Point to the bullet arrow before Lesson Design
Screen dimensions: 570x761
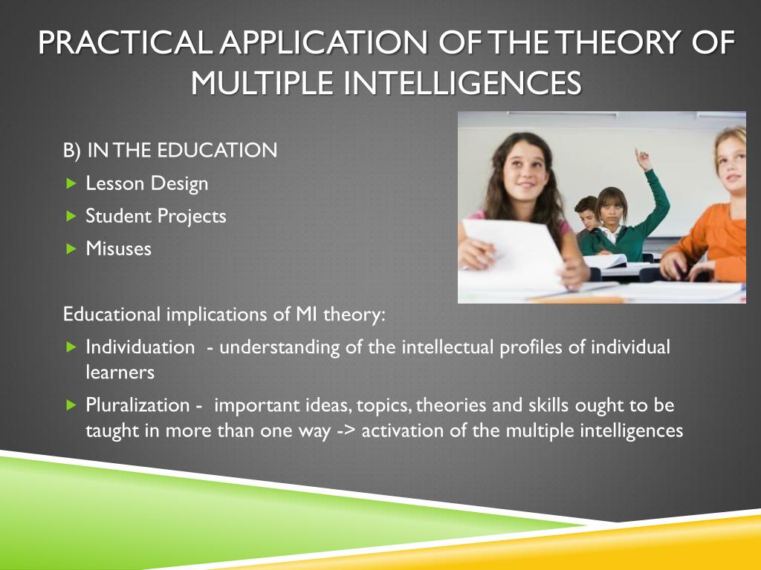(x=71, y=183)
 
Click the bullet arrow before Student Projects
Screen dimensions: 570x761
(x=71, y=216)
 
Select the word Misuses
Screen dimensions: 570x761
(x=118, y=249)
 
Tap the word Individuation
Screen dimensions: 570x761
(x=140, y=347)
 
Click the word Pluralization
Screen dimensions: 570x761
(x=137, y=405)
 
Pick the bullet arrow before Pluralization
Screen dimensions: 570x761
(x=71, y=405)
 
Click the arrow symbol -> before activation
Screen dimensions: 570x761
(x=346, y=430)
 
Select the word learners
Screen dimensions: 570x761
(x=120, y=372)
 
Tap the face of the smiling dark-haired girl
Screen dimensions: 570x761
(x=522, y=170)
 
